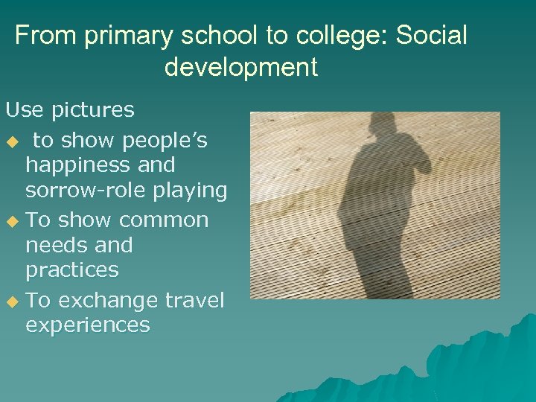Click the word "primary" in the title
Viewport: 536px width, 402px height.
(130, 36)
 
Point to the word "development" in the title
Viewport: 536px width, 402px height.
(240, 67)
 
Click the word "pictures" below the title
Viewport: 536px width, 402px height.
(93, 110)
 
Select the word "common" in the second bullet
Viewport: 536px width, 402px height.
(164, 220)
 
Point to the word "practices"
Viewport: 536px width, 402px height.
(72, 269)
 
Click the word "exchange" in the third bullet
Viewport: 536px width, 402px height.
(108, 300)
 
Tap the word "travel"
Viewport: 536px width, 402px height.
(195, 300)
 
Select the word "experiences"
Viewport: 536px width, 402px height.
(88, 325)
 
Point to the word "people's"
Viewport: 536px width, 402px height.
(166, 141)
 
